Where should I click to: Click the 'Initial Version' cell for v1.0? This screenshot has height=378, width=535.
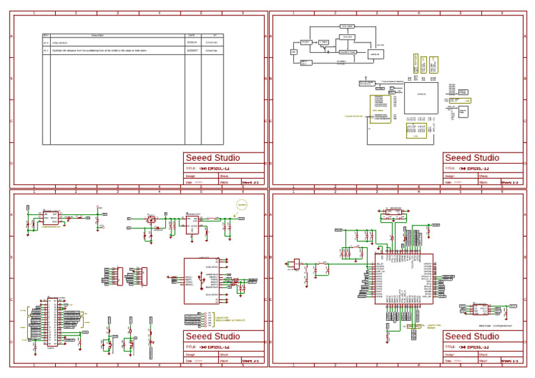(60, 42)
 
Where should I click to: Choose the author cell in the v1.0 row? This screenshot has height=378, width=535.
(212, 42)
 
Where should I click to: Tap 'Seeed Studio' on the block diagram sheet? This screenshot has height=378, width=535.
(472, 158)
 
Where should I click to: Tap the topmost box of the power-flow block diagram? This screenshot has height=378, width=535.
(347, 26)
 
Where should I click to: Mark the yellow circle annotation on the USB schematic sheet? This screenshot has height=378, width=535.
(242, 205)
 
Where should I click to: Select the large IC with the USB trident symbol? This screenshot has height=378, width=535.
(202, 281)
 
